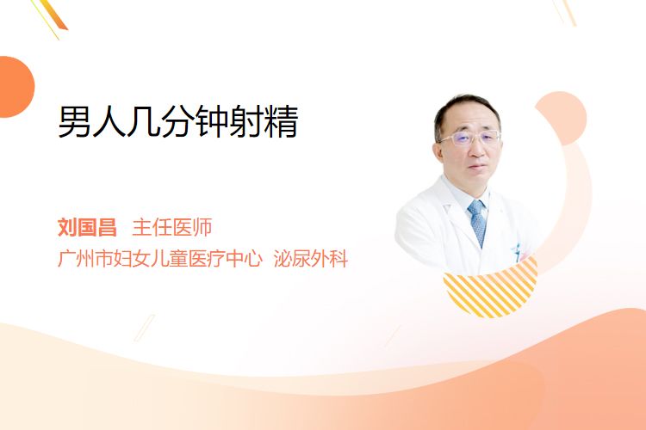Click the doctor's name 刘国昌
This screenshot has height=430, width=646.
click(x=87, y=227)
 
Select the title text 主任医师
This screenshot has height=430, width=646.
click(x=171, y=227)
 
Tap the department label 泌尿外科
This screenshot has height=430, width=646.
click(x=311, y=258)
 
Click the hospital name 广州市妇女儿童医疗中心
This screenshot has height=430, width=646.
click(x=160, y=258)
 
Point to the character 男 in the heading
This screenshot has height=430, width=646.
click(x=75, y=121)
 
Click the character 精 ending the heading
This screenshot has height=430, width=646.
click(x=282, y=121)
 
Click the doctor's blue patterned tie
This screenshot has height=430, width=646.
click(x=478, y=222)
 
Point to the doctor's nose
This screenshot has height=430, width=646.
click(x=477, y=150)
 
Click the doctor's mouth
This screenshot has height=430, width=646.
click(x=478, y=167)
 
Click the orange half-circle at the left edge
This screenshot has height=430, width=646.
click(x=16, y=87)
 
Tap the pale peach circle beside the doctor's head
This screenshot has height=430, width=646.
click(x=563, y=117)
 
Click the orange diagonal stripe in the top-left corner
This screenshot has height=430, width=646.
click(x=53, y=15)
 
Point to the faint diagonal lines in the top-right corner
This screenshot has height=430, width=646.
click(x=565, y=11)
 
